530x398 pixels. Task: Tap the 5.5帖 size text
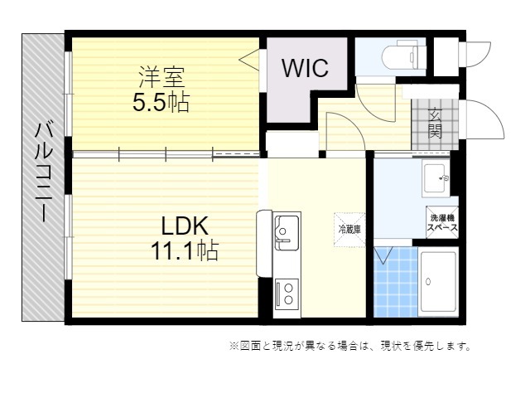pyautogui.click(x=161, y=103)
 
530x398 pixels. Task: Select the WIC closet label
pyautogui.click(x=305, y=68)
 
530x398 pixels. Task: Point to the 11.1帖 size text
pyautogui.click(x=184, y=250)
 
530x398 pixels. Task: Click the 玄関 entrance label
pyautogui.click(x=435, y=124)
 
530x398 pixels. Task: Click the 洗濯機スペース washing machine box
pyautogui.click(x=442, y=223)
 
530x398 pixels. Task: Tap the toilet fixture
pyautogui.click(x=402, y=56)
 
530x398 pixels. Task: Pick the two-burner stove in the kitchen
pyautogui.click(x=287, y=292)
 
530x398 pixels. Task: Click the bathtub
pyautogui.click(x=437, y=282)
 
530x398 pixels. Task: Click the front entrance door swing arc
pyautogui.click(x=484, y=121)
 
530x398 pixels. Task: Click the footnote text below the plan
pyautogui.click(x=349, y=346)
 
